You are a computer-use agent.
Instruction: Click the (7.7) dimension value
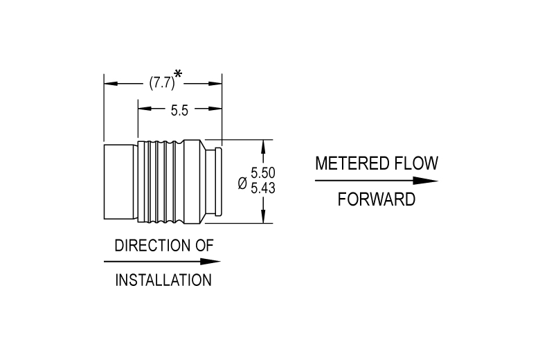[x=162, y=83]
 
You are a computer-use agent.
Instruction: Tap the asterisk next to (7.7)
[x=178, y=74]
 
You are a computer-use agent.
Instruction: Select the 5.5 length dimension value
[x=179, y=111]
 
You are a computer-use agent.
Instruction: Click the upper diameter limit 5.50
[x=263, y=172]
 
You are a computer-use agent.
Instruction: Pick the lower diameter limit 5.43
[x=263, y=188]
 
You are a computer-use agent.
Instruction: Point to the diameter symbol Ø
[x=242, y=183]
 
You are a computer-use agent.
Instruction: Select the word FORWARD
[x=377, y=199]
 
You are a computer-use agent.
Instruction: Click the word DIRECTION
[x=152, y=246]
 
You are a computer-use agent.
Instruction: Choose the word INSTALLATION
[x=163, y=280]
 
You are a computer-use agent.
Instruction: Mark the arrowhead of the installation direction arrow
[x=210, y=262]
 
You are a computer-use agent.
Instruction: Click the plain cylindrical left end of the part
[x=119, y=182]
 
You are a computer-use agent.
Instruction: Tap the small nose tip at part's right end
[x=218, y=181]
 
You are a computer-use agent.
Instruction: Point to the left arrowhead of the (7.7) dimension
[x=111, y=84]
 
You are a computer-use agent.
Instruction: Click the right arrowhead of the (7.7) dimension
[x=215, y=84]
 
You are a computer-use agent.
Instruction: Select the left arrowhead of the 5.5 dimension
[x=145, y=109]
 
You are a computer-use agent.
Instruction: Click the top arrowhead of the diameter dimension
[x=263, y=147]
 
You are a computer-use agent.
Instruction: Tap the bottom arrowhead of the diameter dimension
[x=263, y=216]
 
